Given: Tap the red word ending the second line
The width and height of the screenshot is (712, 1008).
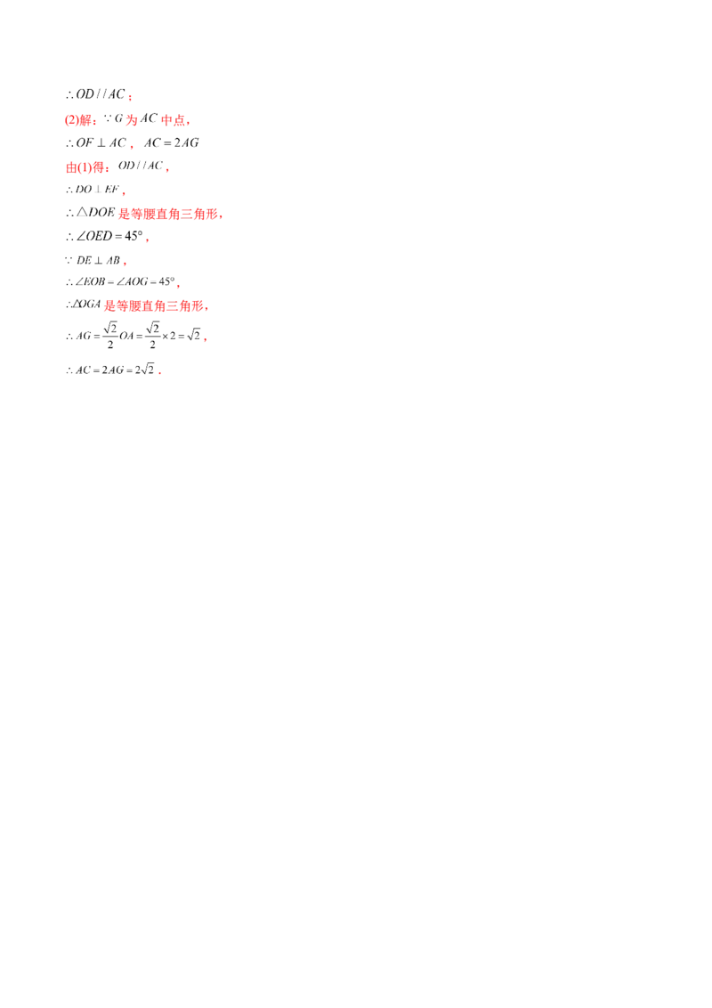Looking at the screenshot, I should [x=177, y=119].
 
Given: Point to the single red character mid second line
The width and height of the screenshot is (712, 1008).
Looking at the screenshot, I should [x=131, y=118].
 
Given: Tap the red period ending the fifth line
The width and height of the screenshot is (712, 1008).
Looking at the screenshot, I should [x=125, y=192].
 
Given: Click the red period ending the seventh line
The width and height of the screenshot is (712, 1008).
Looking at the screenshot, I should [x=146, y=240].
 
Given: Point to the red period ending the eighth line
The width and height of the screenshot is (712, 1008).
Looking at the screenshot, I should [x=125, y=264].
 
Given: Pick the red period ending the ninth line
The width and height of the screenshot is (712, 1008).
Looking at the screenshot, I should [x=180, y=286].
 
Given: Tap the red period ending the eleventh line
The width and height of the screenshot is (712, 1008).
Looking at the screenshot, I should [x=204, y=339].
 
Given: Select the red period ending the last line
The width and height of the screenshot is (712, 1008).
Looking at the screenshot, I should [x=160, y=374].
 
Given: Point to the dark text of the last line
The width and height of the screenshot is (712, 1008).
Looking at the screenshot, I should [x=111, y=370].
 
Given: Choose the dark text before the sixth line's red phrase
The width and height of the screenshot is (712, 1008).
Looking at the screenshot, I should [x=91, y=213].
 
